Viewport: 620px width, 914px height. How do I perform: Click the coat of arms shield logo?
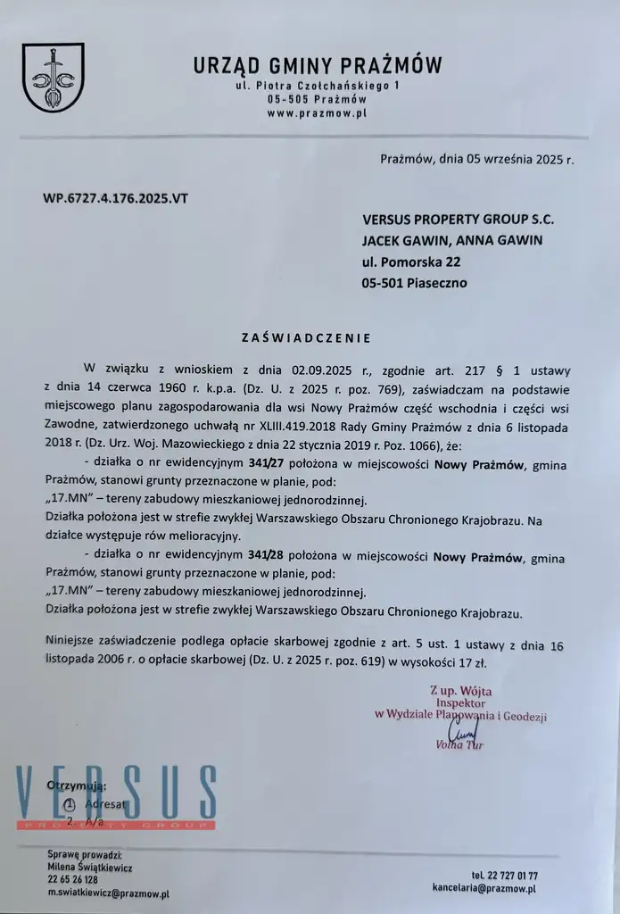(x=53, y=78)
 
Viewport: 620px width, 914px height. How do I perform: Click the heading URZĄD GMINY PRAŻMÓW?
(x=317, y=65)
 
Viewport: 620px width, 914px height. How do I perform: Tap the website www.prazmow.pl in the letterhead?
(x=317, y=113)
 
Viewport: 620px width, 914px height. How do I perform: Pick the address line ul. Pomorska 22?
(x=411, y=262)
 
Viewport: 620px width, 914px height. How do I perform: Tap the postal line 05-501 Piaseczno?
(x=414, y=283)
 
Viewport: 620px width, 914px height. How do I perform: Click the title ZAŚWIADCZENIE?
(x=305, y=338)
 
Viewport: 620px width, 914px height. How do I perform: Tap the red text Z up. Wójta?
(x=460, y=690)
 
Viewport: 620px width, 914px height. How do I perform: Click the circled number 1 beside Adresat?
(x=71, y=802)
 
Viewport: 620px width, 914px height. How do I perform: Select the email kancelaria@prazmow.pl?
(x=484, y=888)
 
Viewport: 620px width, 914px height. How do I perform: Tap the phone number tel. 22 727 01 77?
(x=504, y=876)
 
